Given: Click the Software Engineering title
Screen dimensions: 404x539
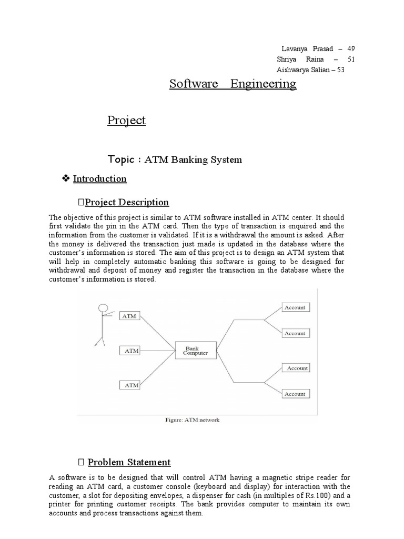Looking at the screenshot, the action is (x=233, y=84).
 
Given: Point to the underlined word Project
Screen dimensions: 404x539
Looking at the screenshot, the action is (x=126, y=120).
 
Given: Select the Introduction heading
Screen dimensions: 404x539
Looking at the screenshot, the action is (x=100, y=179).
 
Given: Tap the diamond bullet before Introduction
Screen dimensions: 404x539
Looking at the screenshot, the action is (x=66, y=179).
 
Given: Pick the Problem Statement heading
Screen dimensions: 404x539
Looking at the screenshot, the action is (x=129, y=462).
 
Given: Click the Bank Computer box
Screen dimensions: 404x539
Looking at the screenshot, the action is (x=195, y=351).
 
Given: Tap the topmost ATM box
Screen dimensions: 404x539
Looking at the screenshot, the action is (x=129, y=316).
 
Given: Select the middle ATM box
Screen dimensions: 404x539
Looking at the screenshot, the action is (x=132, y=350).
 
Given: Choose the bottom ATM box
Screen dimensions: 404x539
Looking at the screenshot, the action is (x=132, y=385).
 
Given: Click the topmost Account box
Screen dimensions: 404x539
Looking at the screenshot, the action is (x=295, y=307).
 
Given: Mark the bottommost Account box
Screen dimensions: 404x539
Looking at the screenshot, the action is (x=295, y=394).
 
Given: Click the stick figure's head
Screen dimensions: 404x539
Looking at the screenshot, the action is (x=104, y=308).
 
